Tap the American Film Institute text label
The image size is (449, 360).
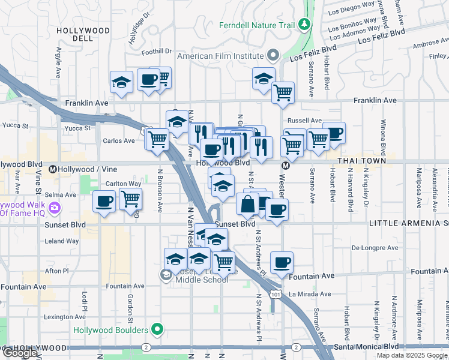(221, 56)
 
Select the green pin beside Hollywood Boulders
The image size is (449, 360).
(157, 330)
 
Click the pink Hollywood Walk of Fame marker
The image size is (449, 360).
(55, 208)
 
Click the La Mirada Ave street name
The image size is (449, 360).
(310, 294)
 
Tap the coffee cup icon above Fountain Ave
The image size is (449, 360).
(282, 262)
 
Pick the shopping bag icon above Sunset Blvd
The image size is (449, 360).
(247, 205)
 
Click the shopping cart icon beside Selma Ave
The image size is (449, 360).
(130, 198)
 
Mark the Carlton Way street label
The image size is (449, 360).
(124, 184)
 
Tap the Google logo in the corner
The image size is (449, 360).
(20, 352)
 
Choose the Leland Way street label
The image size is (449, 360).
(62, 241)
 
